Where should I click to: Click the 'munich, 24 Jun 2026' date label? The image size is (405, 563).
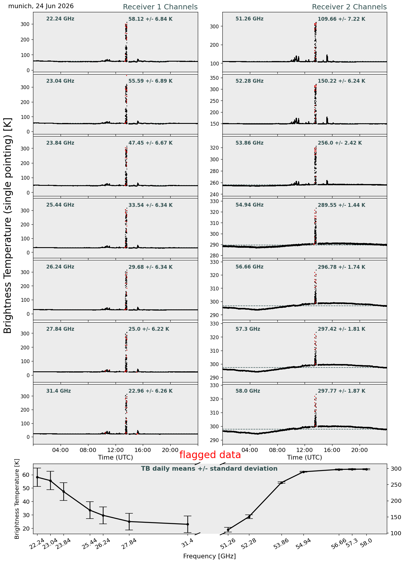[41, 6]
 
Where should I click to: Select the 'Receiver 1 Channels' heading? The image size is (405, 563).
[160, 7]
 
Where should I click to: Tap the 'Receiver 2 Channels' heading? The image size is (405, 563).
[349, 7]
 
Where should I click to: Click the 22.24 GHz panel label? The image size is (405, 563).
[60, 19]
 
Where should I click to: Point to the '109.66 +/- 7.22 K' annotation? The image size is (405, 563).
[341, 19]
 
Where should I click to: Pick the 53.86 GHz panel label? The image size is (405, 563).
[249, 143]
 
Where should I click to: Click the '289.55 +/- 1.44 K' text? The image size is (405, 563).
[341, 205]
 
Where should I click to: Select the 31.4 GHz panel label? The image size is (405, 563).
[59, 391]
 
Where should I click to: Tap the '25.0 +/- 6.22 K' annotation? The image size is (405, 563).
[149, 329]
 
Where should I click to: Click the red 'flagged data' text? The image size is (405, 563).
[210, 455]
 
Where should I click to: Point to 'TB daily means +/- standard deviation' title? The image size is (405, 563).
[209, 469]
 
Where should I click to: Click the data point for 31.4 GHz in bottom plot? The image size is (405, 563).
[188, 524]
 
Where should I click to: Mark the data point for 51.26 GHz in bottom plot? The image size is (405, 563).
[228, 530]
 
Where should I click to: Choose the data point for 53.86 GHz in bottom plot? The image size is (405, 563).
[282, 483]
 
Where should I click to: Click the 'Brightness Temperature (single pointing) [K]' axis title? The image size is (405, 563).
[8, 225]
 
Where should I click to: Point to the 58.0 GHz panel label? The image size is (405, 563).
[248, 391]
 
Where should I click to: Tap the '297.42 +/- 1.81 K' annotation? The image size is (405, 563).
[341, 329]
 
